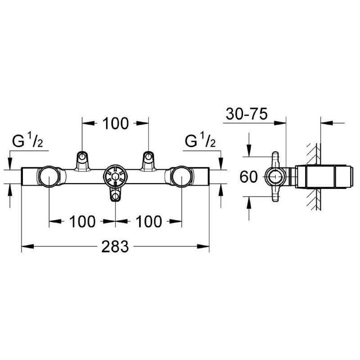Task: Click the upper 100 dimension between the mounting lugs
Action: (115, 123)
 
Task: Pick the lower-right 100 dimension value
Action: (148, 221)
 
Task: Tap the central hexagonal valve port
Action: (115, 176)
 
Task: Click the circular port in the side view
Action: (275, 177)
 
